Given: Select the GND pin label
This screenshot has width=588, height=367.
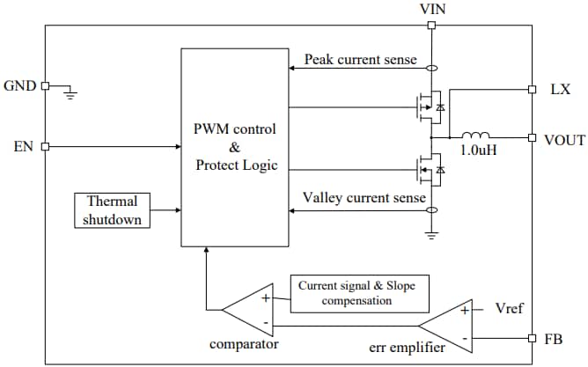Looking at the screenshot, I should click(20, 86).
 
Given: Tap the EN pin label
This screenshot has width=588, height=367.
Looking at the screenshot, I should click(24, 146).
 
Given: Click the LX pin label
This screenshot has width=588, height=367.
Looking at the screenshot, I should click(560, 89).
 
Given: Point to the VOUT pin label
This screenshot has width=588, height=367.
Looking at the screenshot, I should click(564, 138).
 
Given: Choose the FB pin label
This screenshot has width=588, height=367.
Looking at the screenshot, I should click(554, 339).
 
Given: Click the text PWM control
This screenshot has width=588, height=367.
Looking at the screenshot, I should click(234, 129).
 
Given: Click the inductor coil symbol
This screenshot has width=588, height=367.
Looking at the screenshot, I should click(476, 136).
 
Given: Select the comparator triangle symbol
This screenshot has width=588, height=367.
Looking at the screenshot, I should click(249, 310).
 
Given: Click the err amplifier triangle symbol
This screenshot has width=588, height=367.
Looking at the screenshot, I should click(454, 324).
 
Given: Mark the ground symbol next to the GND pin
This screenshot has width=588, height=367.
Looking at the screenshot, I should click(71, 92).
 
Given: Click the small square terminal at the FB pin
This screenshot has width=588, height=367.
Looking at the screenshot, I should click(532, 339).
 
